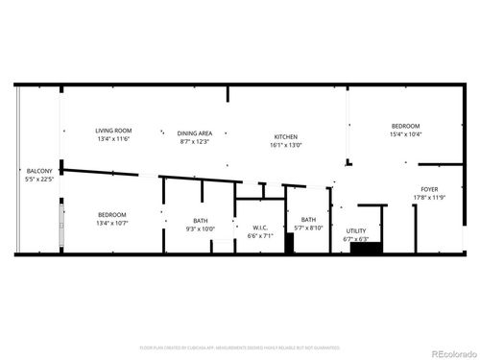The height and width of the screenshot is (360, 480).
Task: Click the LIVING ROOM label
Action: click(113, 131)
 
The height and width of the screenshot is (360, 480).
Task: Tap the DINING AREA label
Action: click(195, 134)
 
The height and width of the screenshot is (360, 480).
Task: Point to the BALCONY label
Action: click(39, 170)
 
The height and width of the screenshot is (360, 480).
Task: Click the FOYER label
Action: click(429, 190)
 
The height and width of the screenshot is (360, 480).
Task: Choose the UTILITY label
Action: click(356, 230)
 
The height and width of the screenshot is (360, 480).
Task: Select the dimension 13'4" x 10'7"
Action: click(113, 222)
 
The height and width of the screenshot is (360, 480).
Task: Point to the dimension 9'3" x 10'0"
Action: click(200, 228)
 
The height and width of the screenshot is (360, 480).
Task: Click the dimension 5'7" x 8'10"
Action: click(308, 228)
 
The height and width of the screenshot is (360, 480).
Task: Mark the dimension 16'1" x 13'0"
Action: click(288, 145)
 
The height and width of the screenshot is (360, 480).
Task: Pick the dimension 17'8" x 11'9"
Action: click(429, 198)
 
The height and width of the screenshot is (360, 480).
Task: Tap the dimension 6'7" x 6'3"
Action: click(356, 238)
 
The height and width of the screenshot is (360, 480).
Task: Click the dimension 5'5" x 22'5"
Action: click(39, 178)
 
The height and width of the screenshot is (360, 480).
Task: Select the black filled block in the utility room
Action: click(366, 249)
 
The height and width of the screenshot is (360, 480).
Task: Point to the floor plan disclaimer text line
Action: click(239, 347)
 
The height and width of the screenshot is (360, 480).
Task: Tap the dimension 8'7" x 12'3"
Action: click(195, 142)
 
